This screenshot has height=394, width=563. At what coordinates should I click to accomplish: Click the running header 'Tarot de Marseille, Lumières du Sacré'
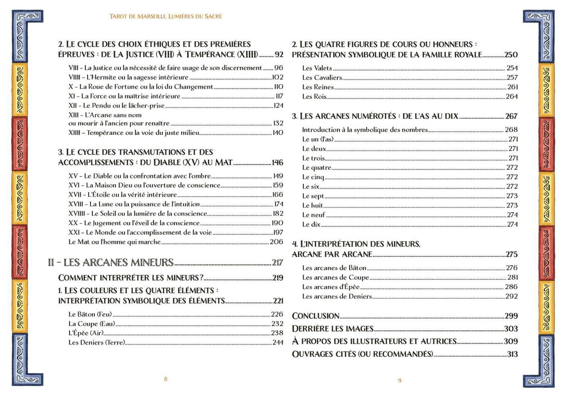pos(166,16)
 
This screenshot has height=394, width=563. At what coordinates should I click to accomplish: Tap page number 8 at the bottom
pos(166,379)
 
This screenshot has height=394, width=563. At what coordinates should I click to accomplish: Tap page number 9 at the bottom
pos(400,380)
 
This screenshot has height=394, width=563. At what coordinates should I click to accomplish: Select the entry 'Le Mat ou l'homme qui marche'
pos(115,242)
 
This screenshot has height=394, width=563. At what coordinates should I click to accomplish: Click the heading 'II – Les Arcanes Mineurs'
pos(111,263)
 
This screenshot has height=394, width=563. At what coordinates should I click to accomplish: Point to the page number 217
pos(277,263)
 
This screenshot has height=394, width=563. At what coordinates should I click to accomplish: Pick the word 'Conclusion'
pos(316,316)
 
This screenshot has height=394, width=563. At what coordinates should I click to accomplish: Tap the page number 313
pos(512,354)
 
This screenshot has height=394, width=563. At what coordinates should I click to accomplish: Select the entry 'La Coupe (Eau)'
pos(92,324)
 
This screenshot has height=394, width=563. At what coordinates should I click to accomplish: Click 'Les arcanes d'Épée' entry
pos(331,287)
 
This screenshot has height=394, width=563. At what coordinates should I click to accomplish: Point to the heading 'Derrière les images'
pos(333,329)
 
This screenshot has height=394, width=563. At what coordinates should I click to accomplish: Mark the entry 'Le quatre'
pos(317,168)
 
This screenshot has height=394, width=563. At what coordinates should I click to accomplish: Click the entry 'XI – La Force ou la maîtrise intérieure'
pos(124,96)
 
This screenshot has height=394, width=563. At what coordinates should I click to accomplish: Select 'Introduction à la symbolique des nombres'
pos(365,130)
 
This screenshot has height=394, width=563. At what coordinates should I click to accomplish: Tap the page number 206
pos(276,242)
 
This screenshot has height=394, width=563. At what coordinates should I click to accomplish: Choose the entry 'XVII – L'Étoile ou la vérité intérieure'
pos(123,195)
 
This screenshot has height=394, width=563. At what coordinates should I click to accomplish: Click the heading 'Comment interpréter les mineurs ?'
pos(131,278)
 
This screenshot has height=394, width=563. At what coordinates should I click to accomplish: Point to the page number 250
pos(511,55)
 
